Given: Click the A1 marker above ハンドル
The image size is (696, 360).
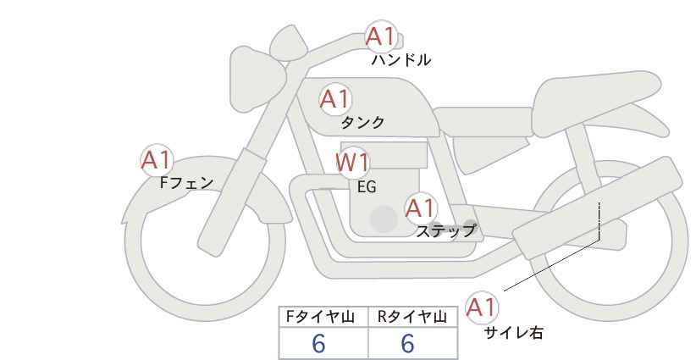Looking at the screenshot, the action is click(380, 36).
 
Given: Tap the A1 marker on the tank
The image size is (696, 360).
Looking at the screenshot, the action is click(335, 99).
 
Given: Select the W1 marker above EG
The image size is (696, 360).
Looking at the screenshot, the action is click(352, 163).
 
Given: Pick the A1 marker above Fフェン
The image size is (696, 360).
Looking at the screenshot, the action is click(157, 160).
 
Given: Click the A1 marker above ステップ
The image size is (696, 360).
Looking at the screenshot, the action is click(421, 208).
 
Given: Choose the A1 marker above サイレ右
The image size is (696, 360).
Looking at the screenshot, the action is click(482, 307).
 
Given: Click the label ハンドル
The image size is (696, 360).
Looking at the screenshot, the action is click(401, 60).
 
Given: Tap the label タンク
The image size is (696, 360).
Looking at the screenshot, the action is click(362, 123).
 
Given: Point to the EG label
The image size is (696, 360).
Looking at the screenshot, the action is click(367, 187).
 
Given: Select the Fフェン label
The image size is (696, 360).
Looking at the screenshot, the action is click(186, 183).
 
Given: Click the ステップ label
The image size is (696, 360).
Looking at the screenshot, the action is click(445, 231).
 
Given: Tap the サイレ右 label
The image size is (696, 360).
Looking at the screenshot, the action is click(514, 333).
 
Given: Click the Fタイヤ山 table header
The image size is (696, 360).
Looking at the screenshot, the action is click(319, 317).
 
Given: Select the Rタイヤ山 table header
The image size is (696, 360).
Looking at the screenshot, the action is click(412, 317).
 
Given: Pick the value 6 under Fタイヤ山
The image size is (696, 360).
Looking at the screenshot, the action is click(318, 343).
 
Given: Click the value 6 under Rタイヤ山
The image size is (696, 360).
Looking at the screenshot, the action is click(407, 343).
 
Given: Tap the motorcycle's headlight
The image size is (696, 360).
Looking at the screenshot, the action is click(255, 80).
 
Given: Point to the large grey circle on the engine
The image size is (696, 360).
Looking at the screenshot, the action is click(384, 219).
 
